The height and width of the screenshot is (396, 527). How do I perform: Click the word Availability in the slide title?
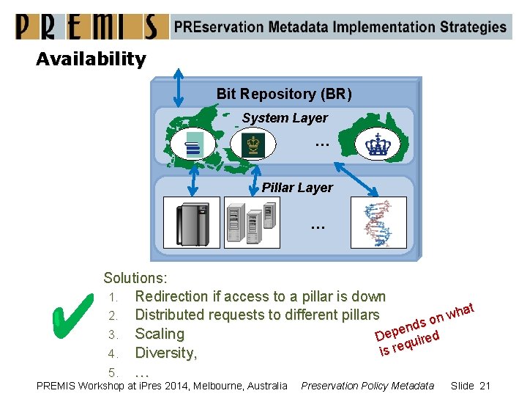[91, 59]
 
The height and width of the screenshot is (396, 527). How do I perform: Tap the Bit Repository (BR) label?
[284, 94]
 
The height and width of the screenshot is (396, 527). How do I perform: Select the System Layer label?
[285, 118]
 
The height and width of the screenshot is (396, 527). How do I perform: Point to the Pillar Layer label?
[297, 188]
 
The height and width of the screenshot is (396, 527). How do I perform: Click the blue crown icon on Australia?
[378, 145]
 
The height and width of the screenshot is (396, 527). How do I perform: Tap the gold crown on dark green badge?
[253, 144]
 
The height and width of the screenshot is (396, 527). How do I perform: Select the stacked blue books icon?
[194, 144]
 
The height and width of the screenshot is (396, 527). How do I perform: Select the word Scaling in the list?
[160, 334]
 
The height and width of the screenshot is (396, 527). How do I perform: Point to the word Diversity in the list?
[165, 353]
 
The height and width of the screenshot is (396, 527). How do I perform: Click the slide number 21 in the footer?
[483, 386]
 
